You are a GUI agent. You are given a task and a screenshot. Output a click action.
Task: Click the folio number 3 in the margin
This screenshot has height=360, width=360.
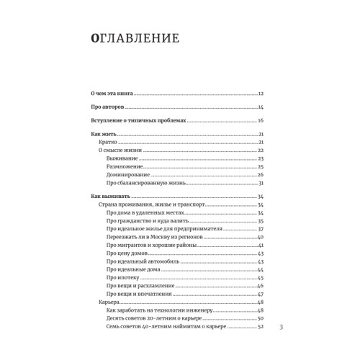[x=282, y=328]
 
